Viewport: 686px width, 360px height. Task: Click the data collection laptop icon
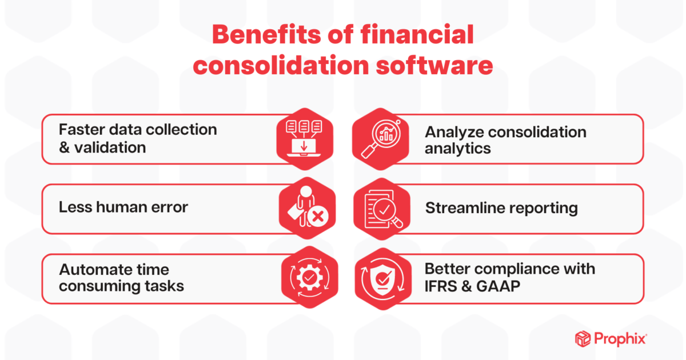(x=304, y=139)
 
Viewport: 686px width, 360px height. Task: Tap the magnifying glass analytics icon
(x=380, y=139)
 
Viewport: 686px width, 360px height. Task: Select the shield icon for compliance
(x=382, y=278)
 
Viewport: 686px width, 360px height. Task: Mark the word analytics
(x=457, y=149)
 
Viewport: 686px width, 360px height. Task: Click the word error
(x=170, y=207)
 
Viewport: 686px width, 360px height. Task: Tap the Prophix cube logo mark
(x=583, y=339)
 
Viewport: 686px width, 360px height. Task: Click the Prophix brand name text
(x=621, y=339)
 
